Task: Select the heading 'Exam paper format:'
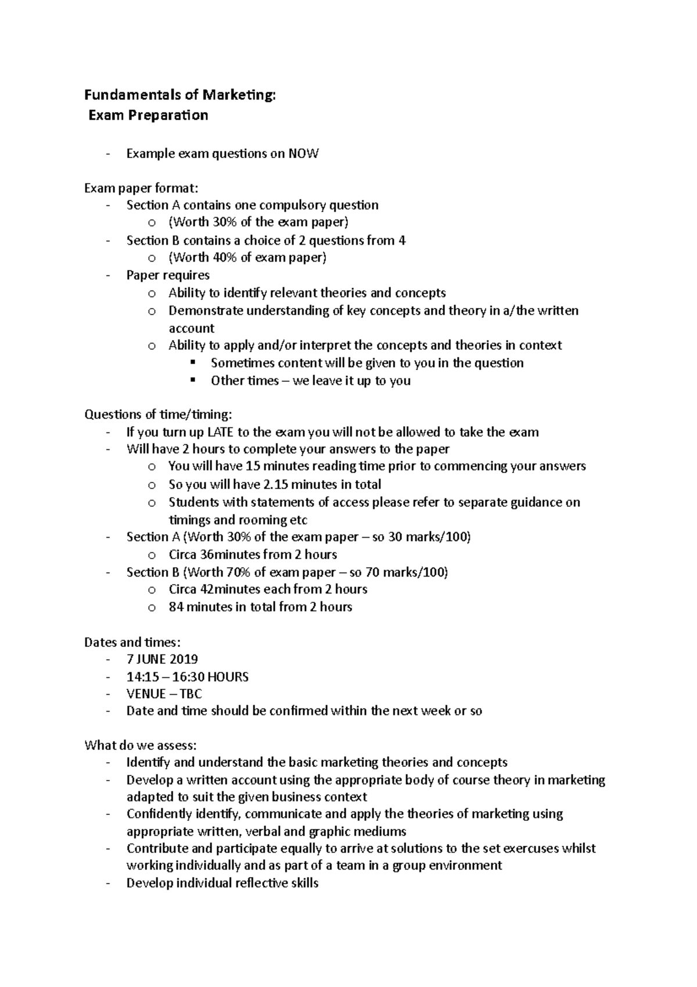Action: pyautogui.click(x=141, y=188)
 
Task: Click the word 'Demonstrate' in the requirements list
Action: pyautogui.click(x=206, y=310)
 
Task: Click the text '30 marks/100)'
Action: pyautogui.click(x=429, y=537)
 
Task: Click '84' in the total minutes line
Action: pyautogui.click(x=176, y=607)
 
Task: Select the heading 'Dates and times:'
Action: pyautogui.click(x=132, y=642)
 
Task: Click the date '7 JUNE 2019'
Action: pyautogui.click(x=162, y=659)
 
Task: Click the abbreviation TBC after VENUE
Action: pyautogui.click(x=191, y=693)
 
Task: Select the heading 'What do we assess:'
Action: pyautogui.click(x=141, y=745)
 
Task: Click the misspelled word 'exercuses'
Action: pyautogui.click(x=530, y=848)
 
